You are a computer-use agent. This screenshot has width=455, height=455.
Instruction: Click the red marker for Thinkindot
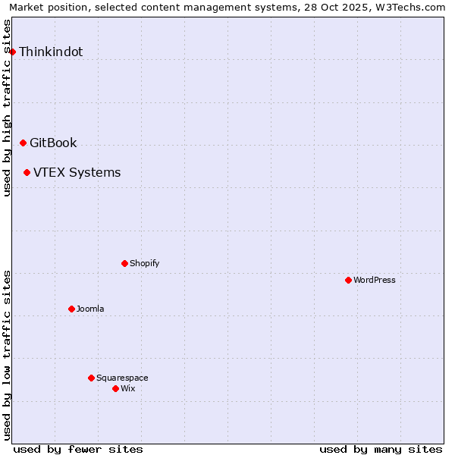point(13,52)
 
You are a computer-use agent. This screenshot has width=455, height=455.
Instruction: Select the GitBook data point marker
point(23,143)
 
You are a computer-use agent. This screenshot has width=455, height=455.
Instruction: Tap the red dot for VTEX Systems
point(27,172)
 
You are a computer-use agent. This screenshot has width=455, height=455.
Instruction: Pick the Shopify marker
point(124,263)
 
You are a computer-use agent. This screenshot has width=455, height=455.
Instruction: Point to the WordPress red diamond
point(348,280)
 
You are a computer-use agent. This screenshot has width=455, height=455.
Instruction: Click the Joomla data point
point(71,309)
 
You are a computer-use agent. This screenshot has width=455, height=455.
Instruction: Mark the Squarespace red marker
point(91,378)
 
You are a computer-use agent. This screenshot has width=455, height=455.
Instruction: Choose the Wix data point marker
point(115,388)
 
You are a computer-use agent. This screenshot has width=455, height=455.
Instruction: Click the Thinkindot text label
point(51,52)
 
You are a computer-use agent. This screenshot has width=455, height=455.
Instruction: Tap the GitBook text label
point(53,143)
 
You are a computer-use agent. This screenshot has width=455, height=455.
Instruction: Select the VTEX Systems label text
point(77,173)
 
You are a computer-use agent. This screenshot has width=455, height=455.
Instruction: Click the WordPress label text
point(375,281)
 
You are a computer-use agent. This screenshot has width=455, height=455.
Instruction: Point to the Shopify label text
point(144,264)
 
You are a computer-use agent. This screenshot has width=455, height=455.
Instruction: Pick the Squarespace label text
point(122,378)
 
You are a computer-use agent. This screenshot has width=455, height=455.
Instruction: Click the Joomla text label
point(90,309)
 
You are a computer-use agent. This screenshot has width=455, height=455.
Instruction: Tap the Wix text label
point(128,389)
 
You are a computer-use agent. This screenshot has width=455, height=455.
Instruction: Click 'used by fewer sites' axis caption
point(78,449)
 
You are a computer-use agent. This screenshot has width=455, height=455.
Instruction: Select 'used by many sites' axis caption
point(381,449)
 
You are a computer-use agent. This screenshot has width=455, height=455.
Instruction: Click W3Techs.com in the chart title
point(408,8)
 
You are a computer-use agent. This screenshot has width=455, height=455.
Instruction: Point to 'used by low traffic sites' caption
point(8,355)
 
